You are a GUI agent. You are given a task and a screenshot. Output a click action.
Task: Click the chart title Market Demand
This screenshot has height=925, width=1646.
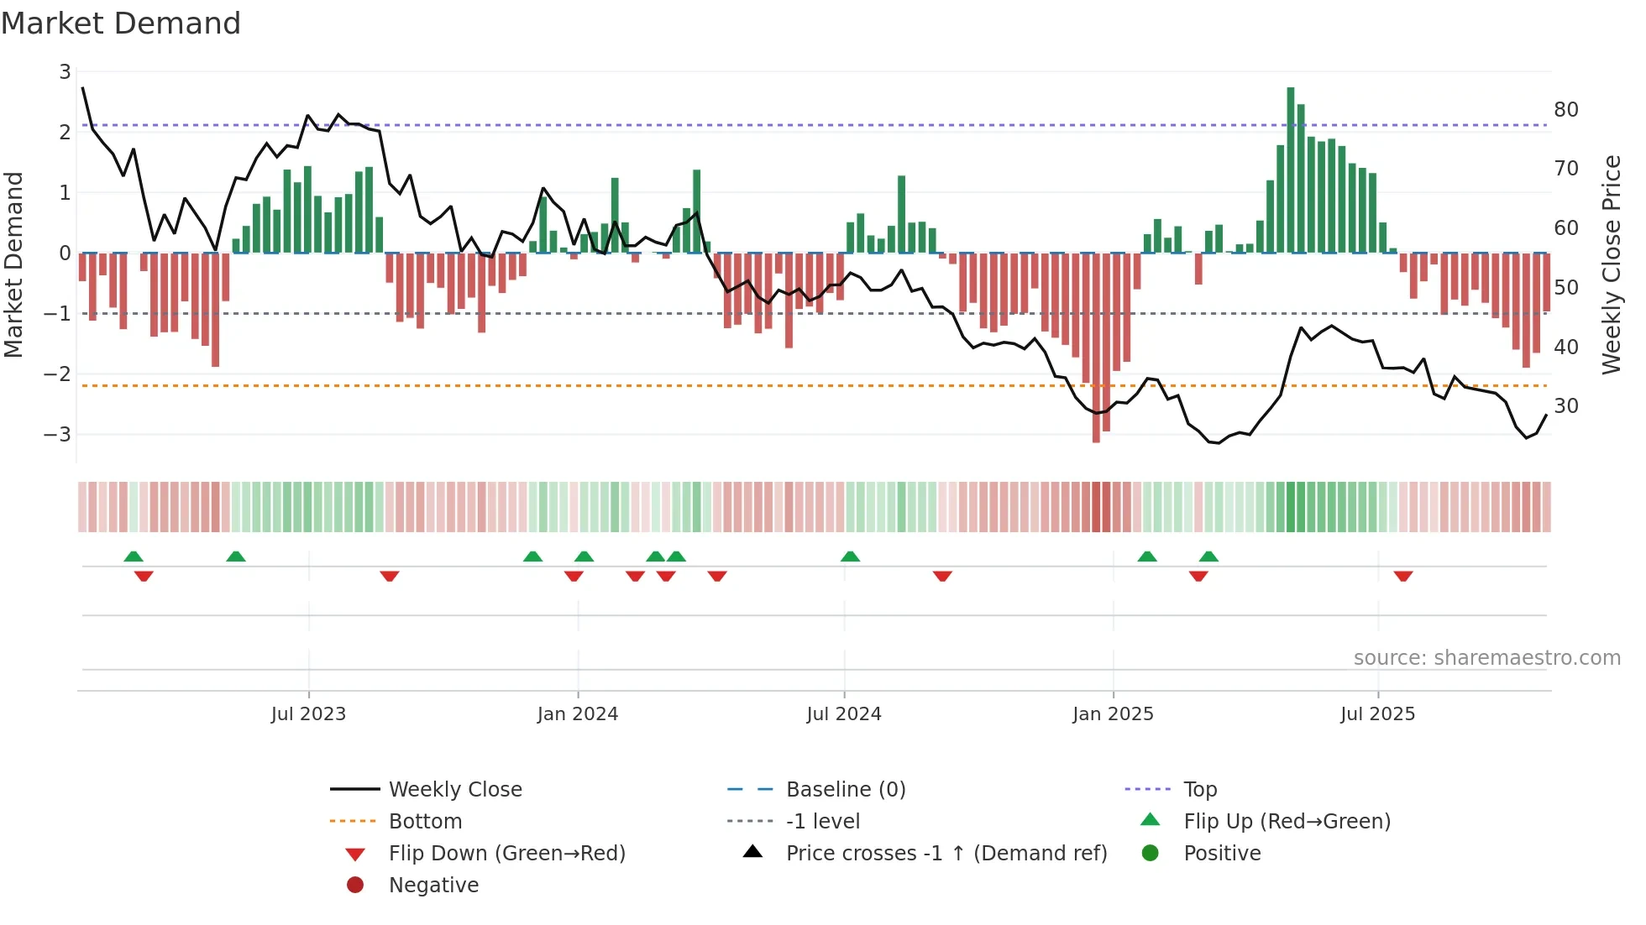(x=121, y=24)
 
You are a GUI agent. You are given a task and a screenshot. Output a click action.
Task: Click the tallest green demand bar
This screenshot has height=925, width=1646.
(x=1291, y=168)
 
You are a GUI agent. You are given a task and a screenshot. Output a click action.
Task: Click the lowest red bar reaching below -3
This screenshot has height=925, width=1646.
(x=1096, y=348)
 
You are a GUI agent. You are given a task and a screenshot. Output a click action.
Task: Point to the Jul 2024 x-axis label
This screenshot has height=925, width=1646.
(x=844, y=714)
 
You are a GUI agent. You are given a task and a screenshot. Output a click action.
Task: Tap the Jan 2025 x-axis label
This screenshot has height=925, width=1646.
(x=1113, y=714)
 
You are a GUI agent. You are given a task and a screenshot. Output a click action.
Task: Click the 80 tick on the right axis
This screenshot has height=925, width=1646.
(x=1566, y=110)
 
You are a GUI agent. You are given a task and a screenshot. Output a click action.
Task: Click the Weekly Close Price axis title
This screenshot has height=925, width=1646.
(x=1612, y=264)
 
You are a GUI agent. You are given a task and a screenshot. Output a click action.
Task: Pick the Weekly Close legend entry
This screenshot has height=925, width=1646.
(x=454, y=790)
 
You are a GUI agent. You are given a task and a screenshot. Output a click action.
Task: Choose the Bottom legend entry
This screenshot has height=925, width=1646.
(x=425, y=822)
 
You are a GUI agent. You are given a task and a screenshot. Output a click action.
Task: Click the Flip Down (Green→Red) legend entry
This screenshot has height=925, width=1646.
(x=506, y=854)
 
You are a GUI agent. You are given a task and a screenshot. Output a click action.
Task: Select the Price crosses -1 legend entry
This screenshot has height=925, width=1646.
(x=946, y=854)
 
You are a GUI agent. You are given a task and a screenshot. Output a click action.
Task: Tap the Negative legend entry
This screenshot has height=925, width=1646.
(x=433, y=886)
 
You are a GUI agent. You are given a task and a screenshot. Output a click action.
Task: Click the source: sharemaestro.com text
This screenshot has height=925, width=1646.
(x=1486, y=658)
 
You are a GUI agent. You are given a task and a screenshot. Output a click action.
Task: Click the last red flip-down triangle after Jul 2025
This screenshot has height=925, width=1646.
(x=1403, y=576)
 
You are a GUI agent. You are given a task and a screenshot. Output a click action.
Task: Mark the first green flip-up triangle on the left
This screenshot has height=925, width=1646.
(x=134, y=557)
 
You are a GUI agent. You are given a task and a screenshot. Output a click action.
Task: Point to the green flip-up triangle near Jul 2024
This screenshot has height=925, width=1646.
(x=850, y=557)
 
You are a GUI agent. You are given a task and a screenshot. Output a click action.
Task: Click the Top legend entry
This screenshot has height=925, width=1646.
(x=1199, y=790)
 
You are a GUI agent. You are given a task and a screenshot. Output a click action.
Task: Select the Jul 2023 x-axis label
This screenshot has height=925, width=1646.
(x=308, y=714)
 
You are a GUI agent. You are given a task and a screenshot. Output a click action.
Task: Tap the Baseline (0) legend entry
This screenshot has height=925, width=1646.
(x=845, y=790)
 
